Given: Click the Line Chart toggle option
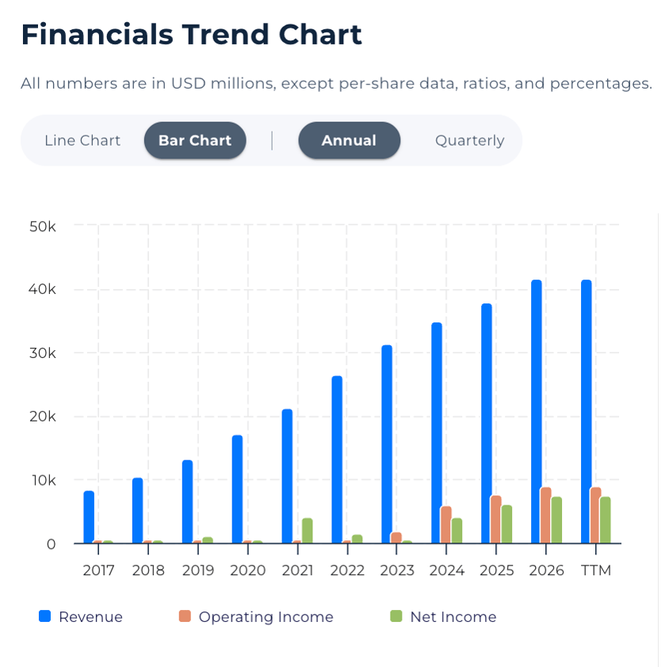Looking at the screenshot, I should click(82, 141).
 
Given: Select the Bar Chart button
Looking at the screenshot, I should click(195, 141).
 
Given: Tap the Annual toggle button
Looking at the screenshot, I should click(349, 141).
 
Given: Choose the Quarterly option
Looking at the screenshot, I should click(469, 141).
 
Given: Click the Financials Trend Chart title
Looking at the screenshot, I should click(191, 35).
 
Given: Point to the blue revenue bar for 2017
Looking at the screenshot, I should click(89, 516).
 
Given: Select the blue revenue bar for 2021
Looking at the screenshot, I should click(288, 475).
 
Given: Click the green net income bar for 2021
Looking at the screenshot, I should click(307, 530).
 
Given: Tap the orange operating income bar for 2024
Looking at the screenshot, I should click(446, 524).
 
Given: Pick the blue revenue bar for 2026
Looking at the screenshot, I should click(537, 411).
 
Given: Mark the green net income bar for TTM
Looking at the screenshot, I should click(606, 520).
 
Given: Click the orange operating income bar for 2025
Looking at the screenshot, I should click(496, 519).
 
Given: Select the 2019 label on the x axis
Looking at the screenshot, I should click(198, 570).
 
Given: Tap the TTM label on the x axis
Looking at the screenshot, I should click(596, 570).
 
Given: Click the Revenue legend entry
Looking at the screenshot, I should click(90, 617).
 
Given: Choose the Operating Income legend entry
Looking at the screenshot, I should click(266, 617).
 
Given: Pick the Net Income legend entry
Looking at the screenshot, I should click(453, 617).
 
